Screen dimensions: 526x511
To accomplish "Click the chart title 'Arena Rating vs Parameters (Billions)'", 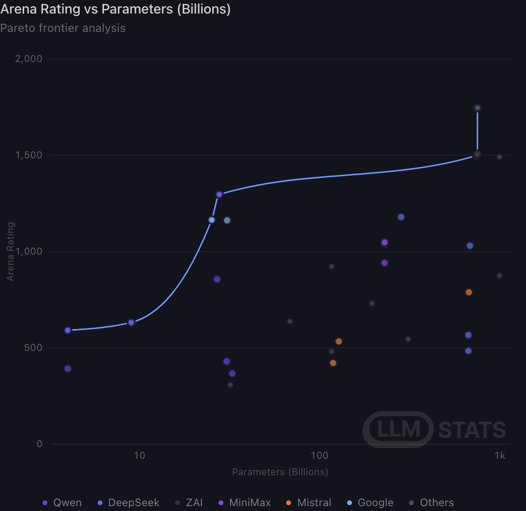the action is click(116, 9).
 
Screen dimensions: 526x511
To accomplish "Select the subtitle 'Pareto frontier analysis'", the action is click(63, 28).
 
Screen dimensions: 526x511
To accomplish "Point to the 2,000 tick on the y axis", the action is click(29, 59).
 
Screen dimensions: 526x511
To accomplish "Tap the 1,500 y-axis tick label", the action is click(29, 155).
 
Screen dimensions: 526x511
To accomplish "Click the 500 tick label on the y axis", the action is click(33, 347).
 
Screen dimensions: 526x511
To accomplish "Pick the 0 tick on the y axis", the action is click(39, 444).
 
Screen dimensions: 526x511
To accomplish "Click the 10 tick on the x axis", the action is click(139, 456).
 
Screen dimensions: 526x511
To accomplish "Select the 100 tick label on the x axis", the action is click(320, 456).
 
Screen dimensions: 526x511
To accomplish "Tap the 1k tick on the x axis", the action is click(499, 456).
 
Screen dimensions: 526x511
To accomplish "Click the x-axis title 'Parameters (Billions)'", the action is click(280, 472).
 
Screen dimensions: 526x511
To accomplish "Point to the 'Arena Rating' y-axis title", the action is click(11, 252).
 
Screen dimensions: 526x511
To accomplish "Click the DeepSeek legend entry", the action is click(128, 503).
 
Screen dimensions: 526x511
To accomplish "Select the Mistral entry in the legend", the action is click(308, 503).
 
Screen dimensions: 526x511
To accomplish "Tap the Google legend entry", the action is click(370, 503).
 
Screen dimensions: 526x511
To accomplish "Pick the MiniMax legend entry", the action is click(245, 503).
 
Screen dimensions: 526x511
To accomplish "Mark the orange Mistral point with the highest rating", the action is click(468, 292).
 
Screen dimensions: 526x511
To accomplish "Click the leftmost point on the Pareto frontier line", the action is click(68, 331).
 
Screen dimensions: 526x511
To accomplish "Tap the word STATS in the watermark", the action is click(472, 430).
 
